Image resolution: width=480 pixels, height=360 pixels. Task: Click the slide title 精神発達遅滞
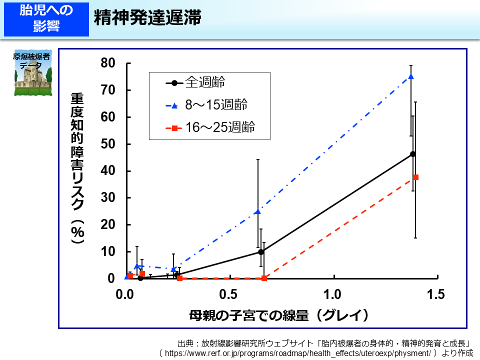click(x=147, y=17)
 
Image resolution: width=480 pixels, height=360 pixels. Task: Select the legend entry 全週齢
click(x=205, y=82)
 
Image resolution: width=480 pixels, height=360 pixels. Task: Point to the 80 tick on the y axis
click(x=108, y=63)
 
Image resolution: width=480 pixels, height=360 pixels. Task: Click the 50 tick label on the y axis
click(x=108, y=144)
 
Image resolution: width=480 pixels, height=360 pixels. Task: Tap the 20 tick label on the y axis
click(x=108, y=225)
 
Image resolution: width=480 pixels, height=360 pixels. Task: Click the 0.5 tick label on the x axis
click(x=229, y=294)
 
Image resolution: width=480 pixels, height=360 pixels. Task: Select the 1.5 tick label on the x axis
click(x=436, y=294)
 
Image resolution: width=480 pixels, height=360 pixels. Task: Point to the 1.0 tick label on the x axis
click(x=332, y=294)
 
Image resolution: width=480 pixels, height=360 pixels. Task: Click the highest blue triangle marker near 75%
click(x=411, y=76)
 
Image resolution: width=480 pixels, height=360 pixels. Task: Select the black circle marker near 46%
click(x=412, y=154)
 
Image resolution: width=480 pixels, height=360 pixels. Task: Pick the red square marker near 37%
click(x=415, y=177)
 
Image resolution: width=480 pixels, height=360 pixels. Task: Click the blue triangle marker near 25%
click(x=257, y=211)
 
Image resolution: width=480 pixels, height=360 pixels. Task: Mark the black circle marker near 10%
click(x=261, y=251)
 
